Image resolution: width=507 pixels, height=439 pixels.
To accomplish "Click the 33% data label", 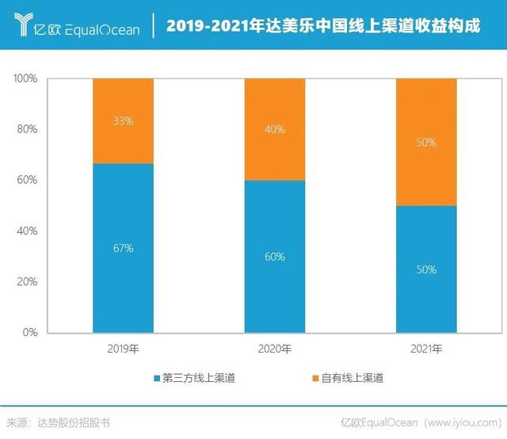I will point(123,121).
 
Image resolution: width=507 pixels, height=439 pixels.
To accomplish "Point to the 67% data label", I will point(123,248).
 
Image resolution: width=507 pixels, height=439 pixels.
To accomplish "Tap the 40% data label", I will point(274,130).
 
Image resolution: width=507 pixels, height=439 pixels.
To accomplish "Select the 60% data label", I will point(274,257).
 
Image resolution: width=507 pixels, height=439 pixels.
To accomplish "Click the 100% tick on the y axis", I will point(25,78).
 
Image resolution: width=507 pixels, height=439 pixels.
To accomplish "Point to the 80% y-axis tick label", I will point(27,129).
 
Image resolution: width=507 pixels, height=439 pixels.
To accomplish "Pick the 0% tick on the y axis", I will point(29,332).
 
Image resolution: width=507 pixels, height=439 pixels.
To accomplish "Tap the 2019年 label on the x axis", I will point(123,349).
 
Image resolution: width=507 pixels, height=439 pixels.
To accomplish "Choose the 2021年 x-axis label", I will point(426,349).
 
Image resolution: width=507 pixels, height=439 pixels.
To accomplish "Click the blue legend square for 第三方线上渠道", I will point(155,379).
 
